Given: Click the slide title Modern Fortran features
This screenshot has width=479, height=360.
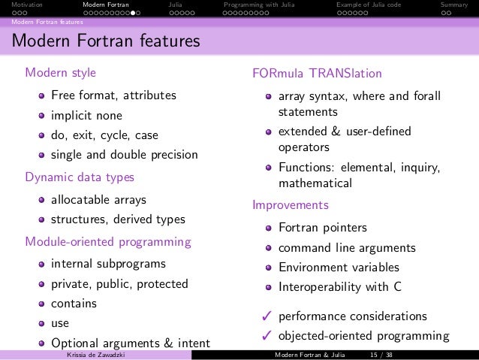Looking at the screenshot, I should (105, 41).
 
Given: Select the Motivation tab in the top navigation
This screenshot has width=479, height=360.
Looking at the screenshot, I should (17, 5).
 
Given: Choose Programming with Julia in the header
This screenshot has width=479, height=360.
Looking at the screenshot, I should (255, 5).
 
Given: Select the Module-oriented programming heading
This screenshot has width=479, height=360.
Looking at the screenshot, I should (108, 242).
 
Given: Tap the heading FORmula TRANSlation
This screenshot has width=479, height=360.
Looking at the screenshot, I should (318, 74).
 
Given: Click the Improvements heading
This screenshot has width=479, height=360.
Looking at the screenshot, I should (291, 204).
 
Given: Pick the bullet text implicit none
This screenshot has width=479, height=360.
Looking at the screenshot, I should (86, 116).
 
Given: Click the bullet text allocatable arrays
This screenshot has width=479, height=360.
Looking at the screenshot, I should (98, 200).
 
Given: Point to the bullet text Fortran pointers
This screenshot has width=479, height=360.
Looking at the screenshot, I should (323, 227).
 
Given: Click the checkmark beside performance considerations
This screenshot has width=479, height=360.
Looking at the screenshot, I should (265, 316).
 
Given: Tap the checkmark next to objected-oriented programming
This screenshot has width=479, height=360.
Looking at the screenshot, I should (265, 336).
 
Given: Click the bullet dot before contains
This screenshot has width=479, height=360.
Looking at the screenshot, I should (43, 304).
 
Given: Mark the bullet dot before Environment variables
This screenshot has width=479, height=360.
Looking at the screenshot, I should (268, 268).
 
